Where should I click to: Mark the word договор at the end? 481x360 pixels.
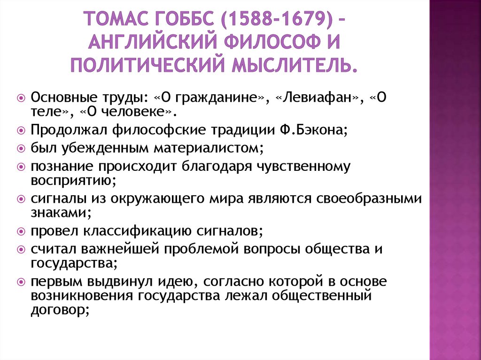pos(58,310)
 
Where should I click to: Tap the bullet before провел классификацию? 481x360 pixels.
pos(21,231)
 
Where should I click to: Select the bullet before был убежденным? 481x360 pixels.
pos(21,148)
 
